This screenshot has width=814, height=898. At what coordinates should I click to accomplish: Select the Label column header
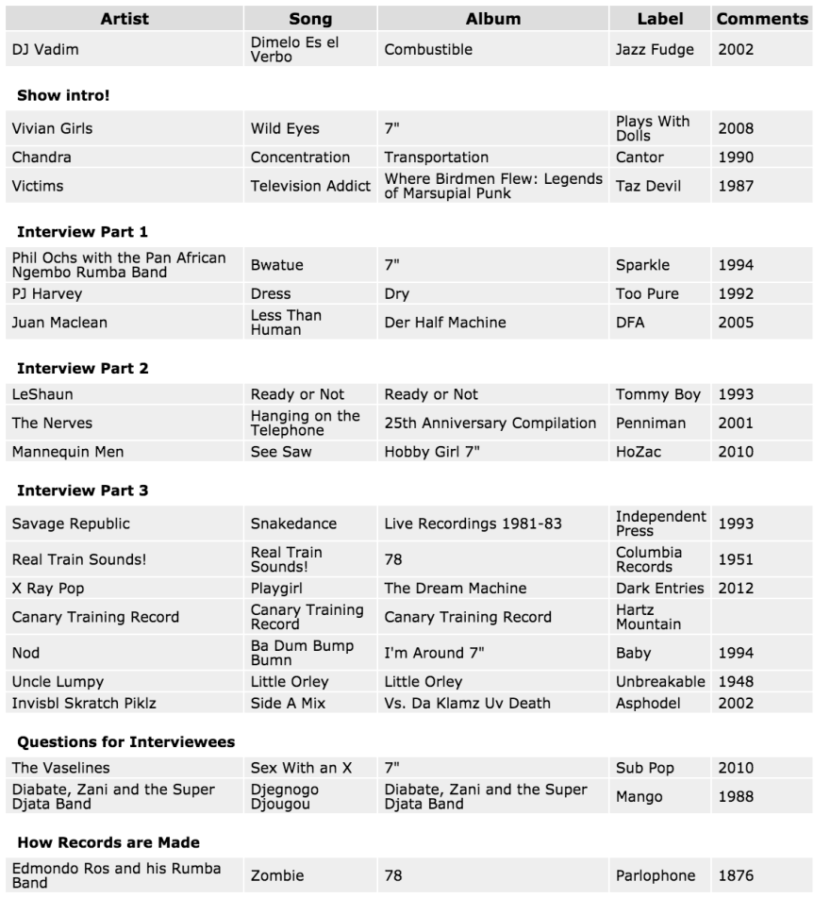coord(659,19)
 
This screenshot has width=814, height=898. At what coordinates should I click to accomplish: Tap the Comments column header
coord(762,19)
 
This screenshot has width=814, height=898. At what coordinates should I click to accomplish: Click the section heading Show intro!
coord(65,95)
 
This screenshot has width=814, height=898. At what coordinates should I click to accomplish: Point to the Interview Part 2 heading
coord(83,369)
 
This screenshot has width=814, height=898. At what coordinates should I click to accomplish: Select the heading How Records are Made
coord(108,841)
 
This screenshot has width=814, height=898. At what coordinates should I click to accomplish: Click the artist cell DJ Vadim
coord(45,49)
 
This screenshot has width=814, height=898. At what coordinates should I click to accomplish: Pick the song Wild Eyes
coord(285,128)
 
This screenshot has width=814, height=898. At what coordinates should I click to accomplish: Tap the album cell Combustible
coord(428,49)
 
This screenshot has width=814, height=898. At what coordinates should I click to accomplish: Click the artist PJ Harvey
coord(47,293)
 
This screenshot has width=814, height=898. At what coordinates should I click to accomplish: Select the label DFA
coord(631,323)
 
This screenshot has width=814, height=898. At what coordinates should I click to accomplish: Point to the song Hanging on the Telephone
coord(305,423)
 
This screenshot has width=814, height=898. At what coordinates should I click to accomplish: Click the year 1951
coord(736,559)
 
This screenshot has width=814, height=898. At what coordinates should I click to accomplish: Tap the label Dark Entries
coord(659,588)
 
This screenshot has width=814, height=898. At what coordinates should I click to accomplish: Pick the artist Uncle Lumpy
coord(58,681)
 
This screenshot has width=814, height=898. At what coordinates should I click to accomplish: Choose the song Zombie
coord(277,876)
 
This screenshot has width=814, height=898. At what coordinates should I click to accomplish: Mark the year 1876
coord(736,876)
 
